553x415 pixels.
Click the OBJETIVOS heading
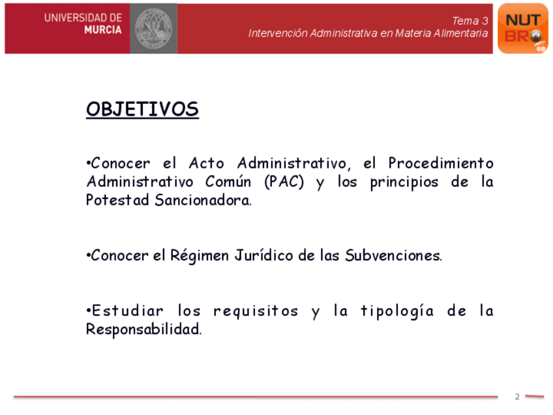pos(142,109)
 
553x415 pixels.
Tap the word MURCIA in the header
pos(103,30)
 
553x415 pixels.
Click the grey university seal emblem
pos(153,29)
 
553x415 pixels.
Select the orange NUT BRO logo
pos(522,29)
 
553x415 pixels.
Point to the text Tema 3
pos(470,21)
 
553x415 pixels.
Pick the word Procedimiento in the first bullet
pos(440,163)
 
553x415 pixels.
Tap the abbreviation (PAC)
pos(284,182)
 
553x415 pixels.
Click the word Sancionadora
pos(203,200)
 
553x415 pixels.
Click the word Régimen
pos(200,256)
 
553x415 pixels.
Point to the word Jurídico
pos(264,256)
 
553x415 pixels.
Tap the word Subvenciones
pos(393,256)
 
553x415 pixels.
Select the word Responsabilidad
pos(144,330)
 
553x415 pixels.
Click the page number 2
pos(517,397)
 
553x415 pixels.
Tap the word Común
pos(228,182)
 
